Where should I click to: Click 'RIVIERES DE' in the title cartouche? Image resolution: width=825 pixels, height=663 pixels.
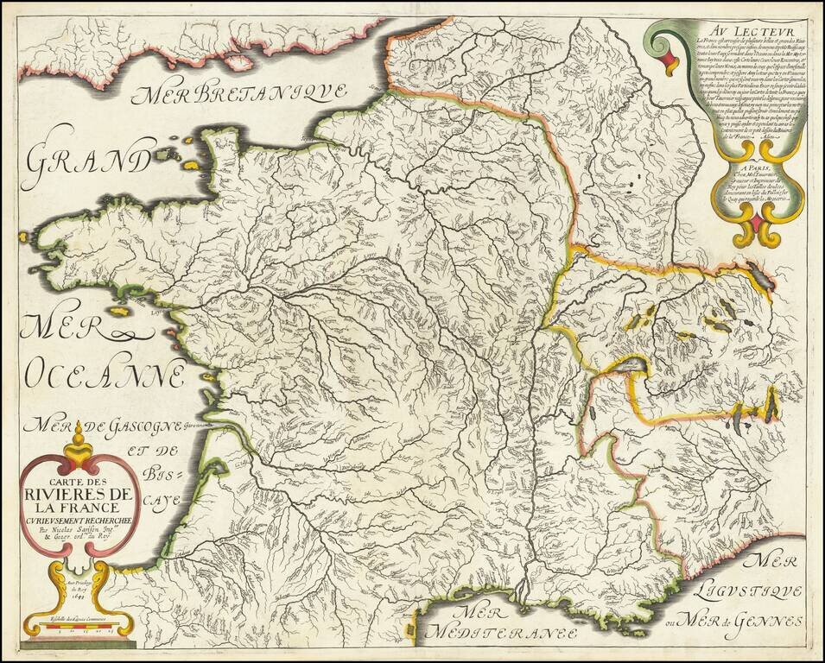click(79, 494)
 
